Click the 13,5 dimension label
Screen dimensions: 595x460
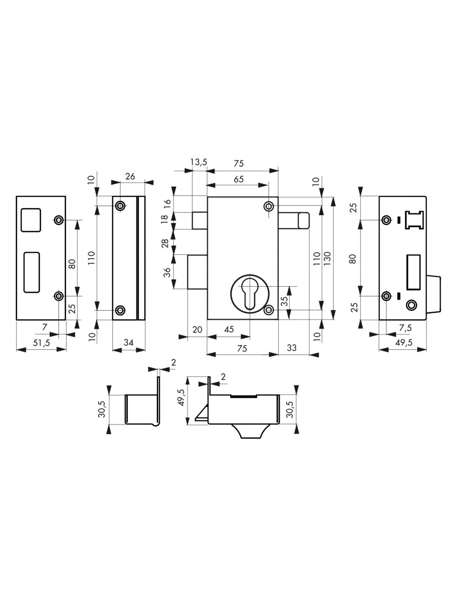pyautogui.click(x=199, y=163)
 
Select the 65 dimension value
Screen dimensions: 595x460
pyautogui.click(x=238, y=179)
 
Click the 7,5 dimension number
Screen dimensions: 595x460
pyautogui.click(x=405, y=329)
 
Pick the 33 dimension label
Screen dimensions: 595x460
pyautogui.click(x=291, y=347)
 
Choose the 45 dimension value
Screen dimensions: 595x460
pyautogui.click(x=229, y=329)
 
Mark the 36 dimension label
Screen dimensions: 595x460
pyautogui.click(x=167, y=272)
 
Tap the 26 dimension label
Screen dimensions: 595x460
pyautogui.click(x=130, y=176)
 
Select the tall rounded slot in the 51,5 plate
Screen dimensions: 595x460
pyautogui.click(x=31, y=272)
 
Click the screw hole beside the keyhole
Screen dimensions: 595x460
pyautogui.click(x=270, y=310)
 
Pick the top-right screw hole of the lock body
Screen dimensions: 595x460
pyautogui.click(x=269, y=206)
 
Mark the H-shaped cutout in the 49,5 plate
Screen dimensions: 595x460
pyautogui.click(x=414, y=220)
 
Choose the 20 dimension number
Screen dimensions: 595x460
pyautogui.click(x=197, y=329)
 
